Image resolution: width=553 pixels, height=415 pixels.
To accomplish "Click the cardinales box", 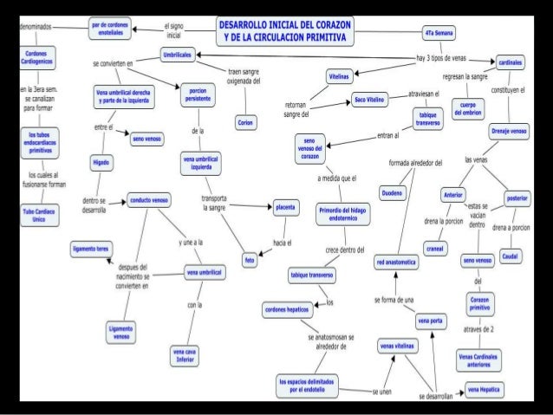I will coord(508,62).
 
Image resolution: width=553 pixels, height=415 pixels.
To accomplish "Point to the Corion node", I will coord(244,123).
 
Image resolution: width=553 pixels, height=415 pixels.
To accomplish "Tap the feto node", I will coord(250,258).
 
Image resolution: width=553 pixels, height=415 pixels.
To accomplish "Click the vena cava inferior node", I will coord(185,355).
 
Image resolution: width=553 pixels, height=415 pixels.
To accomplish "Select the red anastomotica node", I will coord(395,261).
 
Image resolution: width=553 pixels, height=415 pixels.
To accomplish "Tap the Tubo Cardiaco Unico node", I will coord(38,214).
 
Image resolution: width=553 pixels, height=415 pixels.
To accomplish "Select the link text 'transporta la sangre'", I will coord(212,204).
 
